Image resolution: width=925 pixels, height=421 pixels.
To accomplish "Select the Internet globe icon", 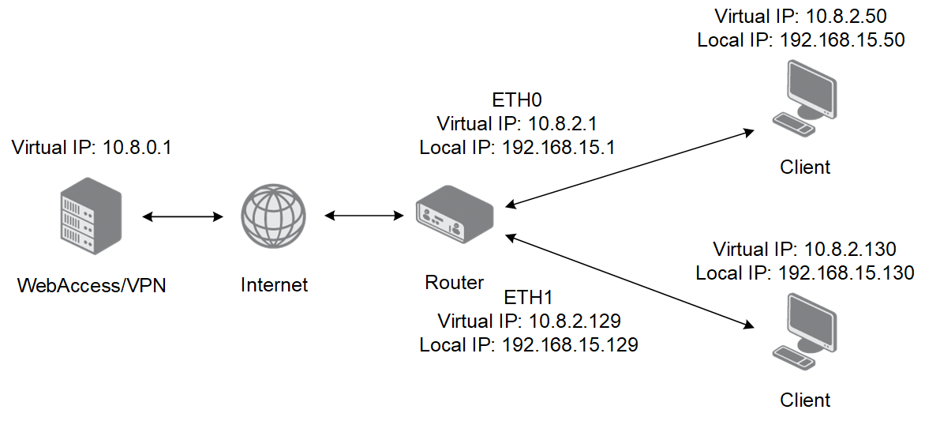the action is point(274,216).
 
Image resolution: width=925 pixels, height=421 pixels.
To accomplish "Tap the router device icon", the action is point(455,214).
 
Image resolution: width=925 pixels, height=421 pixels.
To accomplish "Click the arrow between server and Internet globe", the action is point(183,216).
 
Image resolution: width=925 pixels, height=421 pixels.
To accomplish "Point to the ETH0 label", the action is point(517,100).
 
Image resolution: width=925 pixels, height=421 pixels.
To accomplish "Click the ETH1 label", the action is point(529,296).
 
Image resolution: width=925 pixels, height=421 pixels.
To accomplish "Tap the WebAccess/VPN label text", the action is point(92,286).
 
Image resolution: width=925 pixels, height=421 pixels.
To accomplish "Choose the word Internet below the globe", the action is point(275,284).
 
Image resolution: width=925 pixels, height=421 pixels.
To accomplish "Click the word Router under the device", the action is point(455,282).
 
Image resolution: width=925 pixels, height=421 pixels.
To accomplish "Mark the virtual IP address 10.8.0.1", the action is point(137,147).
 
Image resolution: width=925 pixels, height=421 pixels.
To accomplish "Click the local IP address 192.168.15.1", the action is point(559,147).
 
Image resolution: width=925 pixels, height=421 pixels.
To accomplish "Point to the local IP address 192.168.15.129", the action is point(570,344).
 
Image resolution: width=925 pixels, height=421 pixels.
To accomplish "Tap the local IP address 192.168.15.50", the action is point(842,40).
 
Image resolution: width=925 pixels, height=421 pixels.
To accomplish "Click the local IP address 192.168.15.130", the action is point(846,273).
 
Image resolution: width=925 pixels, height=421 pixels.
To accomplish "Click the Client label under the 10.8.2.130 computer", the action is point(805,400).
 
